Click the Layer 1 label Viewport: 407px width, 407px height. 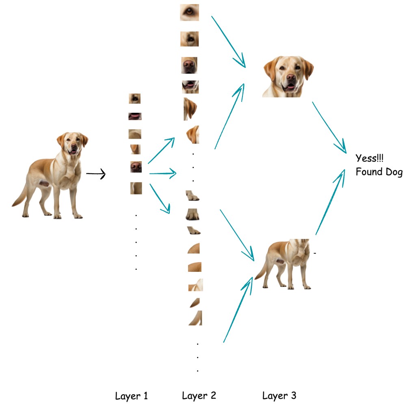click(x=131, y=396)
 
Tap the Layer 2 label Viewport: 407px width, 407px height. click(x=199, y=396)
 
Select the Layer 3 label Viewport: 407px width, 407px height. click(x=279, y=396)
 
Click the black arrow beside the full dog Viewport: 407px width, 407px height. click(x=96, y=175)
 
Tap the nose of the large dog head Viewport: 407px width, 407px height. click(x=291, y=77)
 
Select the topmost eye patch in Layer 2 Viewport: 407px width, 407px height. click(x=189, y=12)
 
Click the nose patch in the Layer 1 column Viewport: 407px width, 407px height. click(x=136, y=166)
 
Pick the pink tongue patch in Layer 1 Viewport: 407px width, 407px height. click(x=135, y=116)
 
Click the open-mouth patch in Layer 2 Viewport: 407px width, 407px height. click(x=190, y=87)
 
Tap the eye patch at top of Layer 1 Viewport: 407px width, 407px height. click(x=135, y=98)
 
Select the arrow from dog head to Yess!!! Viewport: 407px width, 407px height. click(x=329, y=126)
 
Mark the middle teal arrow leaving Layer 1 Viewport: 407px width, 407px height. click(x=162, y=174)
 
